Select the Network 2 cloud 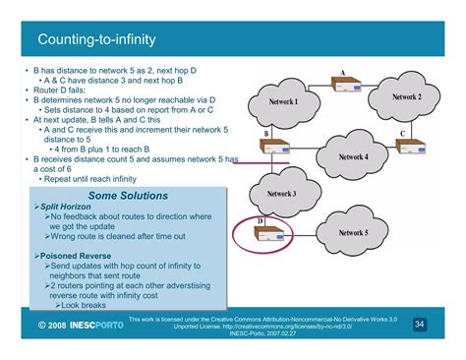coord(406,97)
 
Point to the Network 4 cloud coord(353,157)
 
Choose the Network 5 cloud coord(353,233)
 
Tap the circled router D coord(269,235)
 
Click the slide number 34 coord(419,325)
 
